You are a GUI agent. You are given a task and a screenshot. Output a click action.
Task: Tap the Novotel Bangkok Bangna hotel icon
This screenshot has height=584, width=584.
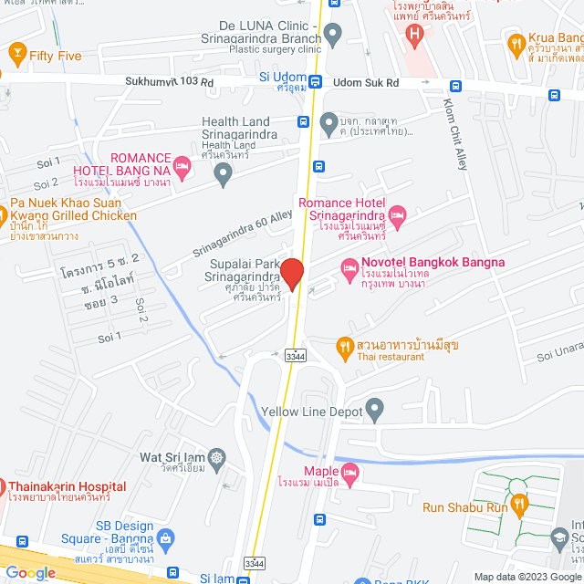348,267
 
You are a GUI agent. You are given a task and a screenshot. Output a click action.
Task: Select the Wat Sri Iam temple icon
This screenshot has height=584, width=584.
217,456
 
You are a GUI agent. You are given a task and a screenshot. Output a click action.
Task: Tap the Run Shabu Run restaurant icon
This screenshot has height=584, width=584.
519,503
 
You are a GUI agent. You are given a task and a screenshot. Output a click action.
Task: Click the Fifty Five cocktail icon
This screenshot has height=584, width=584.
16,55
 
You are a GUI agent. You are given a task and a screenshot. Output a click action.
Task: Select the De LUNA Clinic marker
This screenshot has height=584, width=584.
333,36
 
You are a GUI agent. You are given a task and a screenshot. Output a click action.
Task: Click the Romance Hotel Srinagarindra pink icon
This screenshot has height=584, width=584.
397,216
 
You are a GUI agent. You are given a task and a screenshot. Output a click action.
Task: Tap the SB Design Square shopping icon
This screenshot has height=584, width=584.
165,539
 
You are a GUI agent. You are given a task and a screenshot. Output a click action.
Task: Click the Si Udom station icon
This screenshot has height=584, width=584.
315,80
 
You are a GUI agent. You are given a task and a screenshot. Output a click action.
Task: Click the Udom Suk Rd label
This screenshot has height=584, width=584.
367,82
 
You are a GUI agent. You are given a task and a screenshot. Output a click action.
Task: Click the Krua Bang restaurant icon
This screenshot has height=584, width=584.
516,43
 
